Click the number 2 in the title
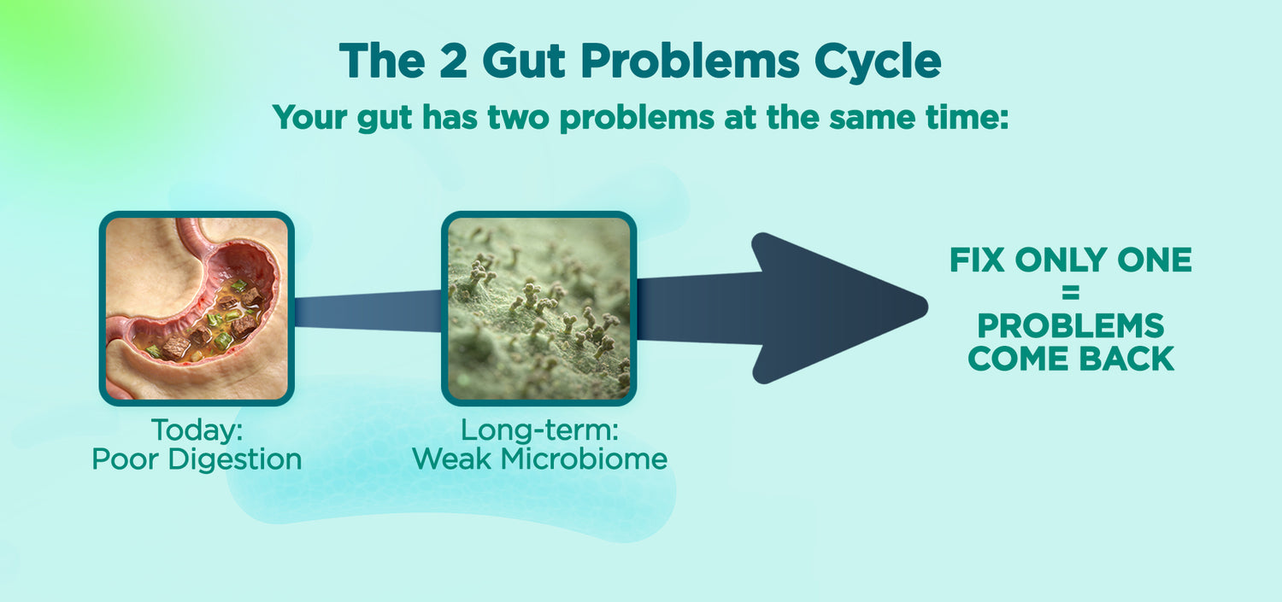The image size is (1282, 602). [x=453, y=61]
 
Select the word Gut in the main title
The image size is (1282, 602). [x=524, y=61]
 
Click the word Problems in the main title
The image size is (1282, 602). [x=690, y=61]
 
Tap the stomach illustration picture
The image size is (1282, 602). [x=197, y=309]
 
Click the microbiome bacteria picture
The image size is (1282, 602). [x=539, y=309]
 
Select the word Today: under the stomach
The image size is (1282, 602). [x=197, y=430]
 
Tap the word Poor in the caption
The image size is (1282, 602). [x=126, y=459]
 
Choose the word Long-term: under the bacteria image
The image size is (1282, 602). [x=539, y=430]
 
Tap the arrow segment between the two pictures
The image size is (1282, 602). [x=368, y=311]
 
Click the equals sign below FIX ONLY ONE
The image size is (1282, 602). [x=1070, y=293]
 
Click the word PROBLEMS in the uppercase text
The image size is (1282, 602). [x=1070, y=326]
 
